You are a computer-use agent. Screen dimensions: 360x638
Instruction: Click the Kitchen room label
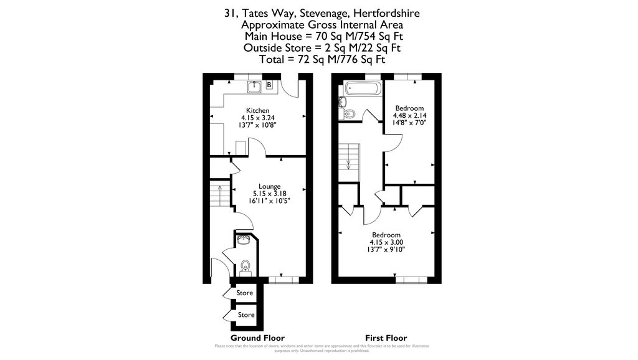(x=257, y=110)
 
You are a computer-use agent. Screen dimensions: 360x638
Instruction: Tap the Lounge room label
(x=270, y=186)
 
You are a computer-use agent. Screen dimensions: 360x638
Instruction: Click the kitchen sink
(x=254, y=87)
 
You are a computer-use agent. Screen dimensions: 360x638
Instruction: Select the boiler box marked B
(x=269, y=85)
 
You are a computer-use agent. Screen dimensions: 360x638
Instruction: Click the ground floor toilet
(x=245, y=265)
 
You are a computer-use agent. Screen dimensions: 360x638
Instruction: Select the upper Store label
(x=245, y=293)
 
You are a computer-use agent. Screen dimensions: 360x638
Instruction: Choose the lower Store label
(x=246, y=315)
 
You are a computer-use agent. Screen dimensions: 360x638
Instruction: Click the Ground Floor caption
(x=257, y=338)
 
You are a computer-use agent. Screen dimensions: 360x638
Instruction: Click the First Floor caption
(x=386, y=338)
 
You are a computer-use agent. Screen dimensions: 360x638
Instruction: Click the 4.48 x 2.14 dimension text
(x=409, y=116)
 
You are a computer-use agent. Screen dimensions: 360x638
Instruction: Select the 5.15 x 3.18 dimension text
(x=270, y=193)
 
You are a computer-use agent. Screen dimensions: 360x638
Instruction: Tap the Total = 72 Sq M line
(x=323, y=60)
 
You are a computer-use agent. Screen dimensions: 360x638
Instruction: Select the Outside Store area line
(x=322, y=48)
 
